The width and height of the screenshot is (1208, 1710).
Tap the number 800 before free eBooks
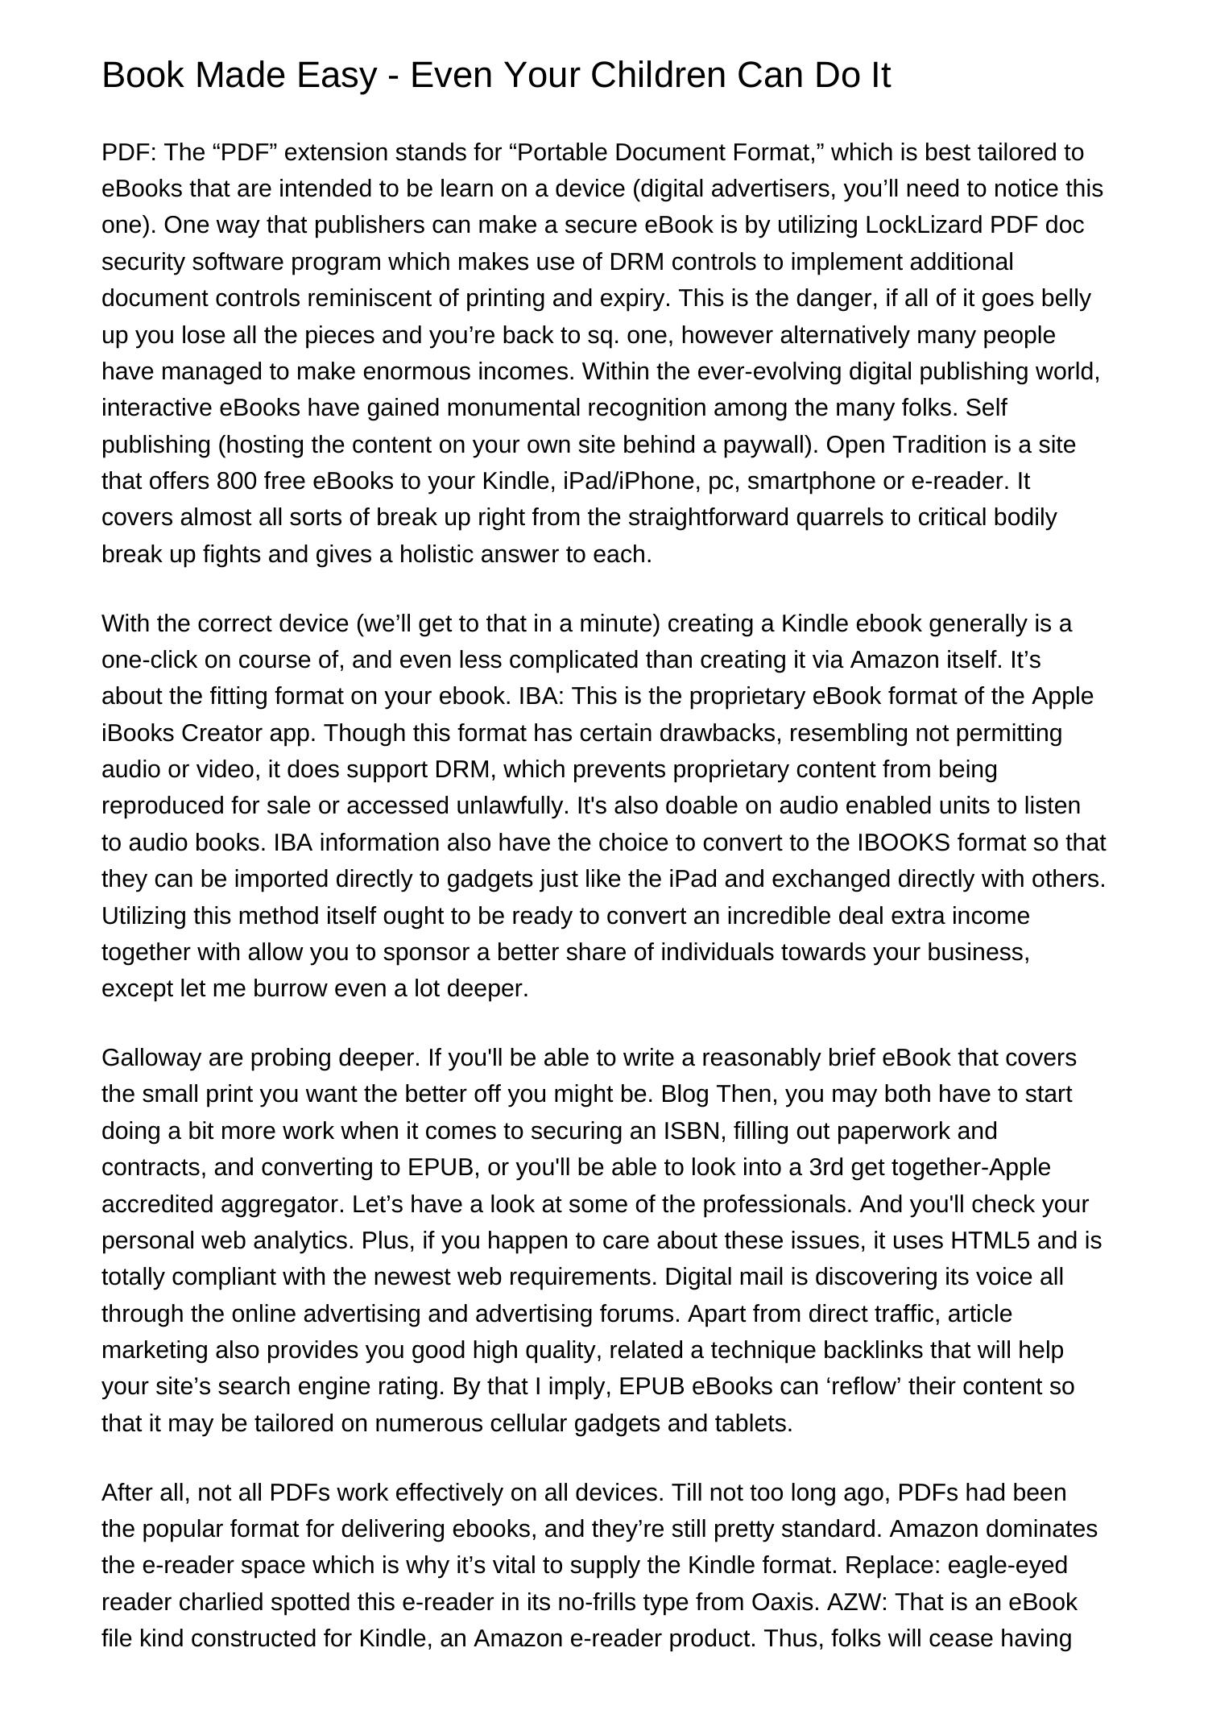(x=237, y=481)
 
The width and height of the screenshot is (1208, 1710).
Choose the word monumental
(x=513, y=408)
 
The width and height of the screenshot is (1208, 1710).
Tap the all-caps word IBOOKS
(x=904, y=843)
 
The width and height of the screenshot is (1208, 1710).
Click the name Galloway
(x=151, y=1058)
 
